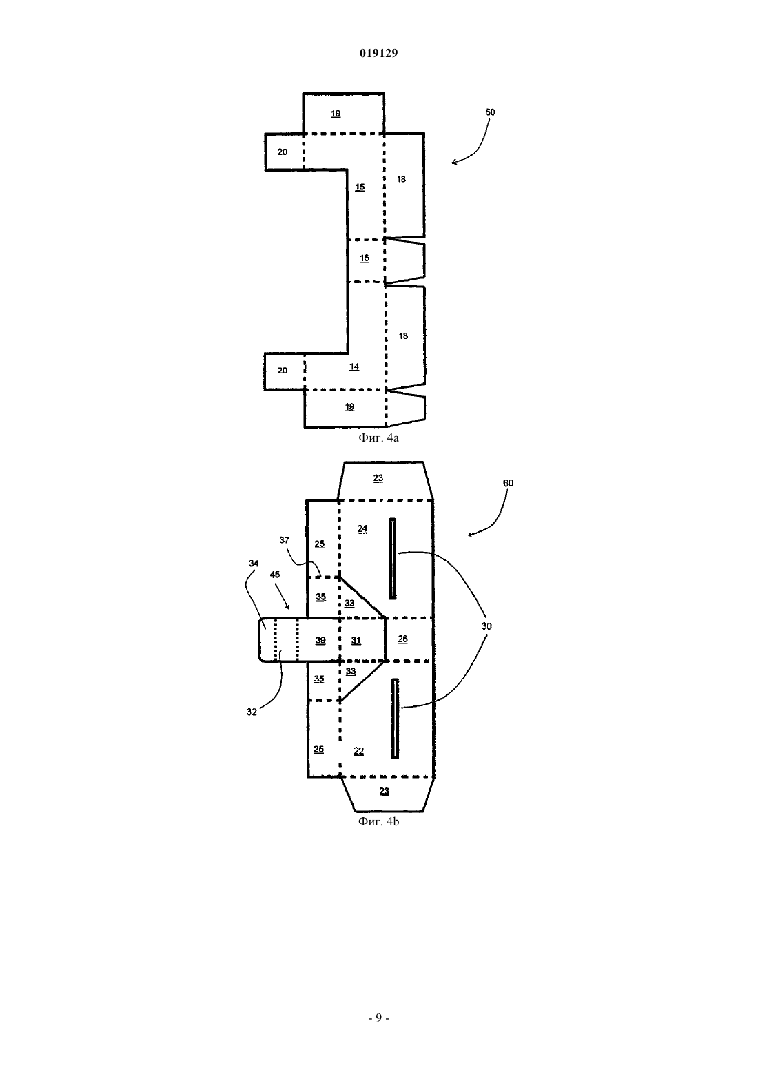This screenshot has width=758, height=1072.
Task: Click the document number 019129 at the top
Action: [x=378, y=53]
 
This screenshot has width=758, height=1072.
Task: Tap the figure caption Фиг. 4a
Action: [x=378, y=437]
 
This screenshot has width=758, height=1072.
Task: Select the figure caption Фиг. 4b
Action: [x=378, y=821]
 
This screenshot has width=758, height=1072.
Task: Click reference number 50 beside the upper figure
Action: [x=491, y=112]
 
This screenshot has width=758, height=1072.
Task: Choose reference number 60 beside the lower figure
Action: [x=509, y=483]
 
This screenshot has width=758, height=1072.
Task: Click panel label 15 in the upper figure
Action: [x=360, y=187]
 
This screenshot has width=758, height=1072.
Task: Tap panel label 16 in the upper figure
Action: [x=365, y=258]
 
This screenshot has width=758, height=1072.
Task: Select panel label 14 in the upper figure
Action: [x=354, y=367]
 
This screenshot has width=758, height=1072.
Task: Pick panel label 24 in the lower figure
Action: [x=362, y=529]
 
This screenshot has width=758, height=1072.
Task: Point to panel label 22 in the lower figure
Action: [x=359, y=751]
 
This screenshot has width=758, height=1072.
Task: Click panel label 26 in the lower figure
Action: [x=403, y=639]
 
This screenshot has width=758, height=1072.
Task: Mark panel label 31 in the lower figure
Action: [x=356, y=641]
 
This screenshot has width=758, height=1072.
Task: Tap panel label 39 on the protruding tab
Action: [x=320, y=641]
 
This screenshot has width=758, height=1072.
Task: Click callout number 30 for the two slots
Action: [x=486, y=626]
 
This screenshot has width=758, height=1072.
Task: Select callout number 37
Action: [x=284, y=540]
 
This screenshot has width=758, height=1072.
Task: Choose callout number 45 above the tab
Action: [x=275, y=575]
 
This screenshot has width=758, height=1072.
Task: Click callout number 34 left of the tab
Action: [x=254, y=564]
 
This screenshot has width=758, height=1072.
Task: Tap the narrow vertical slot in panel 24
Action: [x=392, y=559]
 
